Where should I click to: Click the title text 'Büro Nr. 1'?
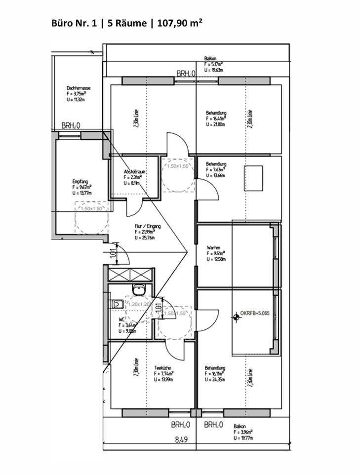tap(73, 23)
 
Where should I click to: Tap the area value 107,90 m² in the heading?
tap(180, 23)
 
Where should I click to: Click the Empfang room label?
tap(80, 181)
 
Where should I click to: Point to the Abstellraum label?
tap(133, 171)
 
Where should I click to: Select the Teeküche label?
tap(162, 368)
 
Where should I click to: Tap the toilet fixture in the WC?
tap(117, 305)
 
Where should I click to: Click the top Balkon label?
tap(210, 59)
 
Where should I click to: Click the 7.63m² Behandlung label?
tap(216, 164)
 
